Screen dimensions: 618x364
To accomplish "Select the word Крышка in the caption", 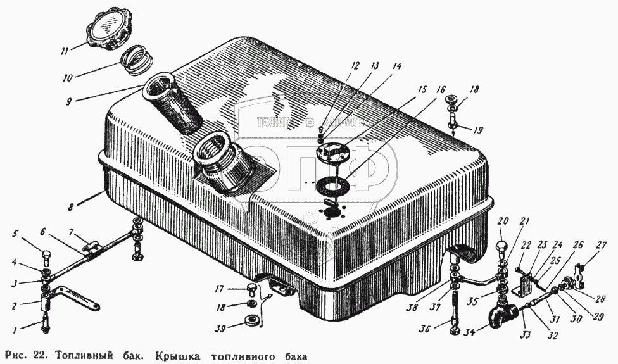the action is (x=190, y=353).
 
